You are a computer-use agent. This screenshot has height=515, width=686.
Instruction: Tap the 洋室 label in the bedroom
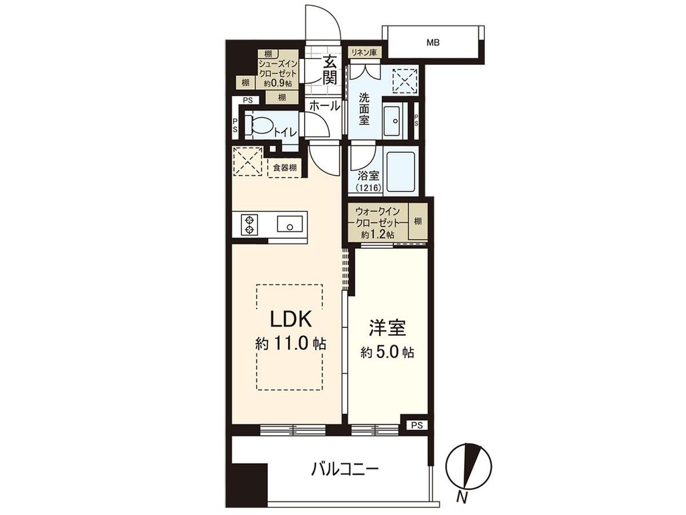point(387,329)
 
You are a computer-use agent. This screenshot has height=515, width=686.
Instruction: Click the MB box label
point(433,43)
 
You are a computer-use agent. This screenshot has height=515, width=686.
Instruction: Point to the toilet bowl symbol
point(259,125)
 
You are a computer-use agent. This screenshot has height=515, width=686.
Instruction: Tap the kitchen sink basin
point(290,225)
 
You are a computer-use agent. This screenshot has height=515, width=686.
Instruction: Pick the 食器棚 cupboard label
point(285,168)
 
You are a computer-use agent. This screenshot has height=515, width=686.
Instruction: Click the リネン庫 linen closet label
point(364,52)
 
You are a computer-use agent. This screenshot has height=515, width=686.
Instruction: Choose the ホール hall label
point(325,105)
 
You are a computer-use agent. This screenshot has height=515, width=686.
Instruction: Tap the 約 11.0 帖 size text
point(291,344)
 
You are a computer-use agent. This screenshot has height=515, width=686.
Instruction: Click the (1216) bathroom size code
point(368,188)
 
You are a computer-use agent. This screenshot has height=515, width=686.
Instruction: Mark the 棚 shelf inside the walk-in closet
point(417,221)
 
